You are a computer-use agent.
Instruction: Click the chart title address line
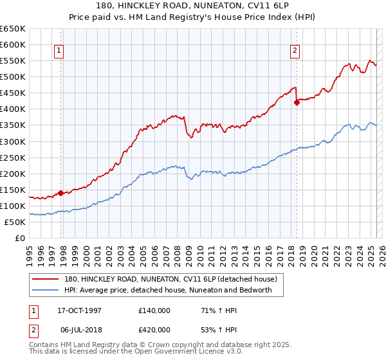point(193,6)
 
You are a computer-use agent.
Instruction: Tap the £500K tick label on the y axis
point(13,77)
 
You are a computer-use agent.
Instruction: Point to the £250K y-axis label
point(13,157)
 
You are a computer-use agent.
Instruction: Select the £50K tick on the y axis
point(15,222)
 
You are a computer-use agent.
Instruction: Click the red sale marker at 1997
point(60,192)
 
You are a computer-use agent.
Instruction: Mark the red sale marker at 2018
point(297,102)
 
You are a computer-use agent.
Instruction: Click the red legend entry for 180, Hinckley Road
point(170,279)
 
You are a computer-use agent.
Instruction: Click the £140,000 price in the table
point(154,310)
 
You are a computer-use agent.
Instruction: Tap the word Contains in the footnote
point(44,346)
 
